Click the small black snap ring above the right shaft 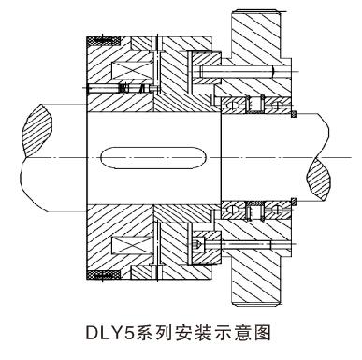[x=293, y=114]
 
